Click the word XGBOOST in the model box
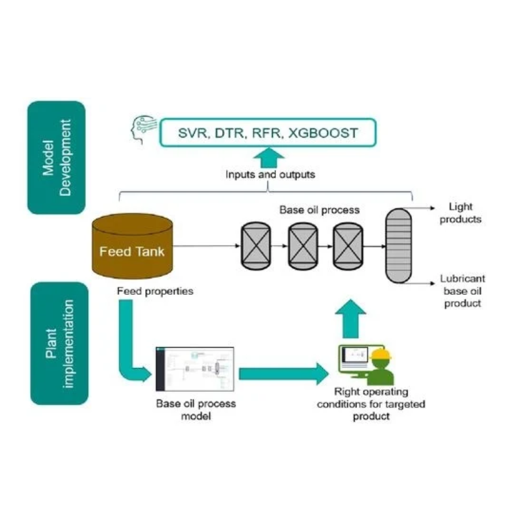[323, 133]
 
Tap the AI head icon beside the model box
[143, 129]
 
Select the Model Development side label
[56, 157]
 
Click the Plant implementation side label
[60, 343]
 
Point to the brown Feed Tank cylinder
[132, 246]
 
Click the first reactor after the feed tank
[256, 246]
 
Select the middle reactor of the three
[303, 246]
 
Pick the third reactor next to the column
[348, 246]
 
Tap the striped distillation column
[398, 246]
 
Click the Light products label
[461, 213]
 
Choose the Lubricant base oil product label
[462, 291]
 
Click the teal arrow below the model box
[268, 158]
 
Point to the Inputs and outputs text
[270, 174]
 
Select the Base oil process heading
[320, 210]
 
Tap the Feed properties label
[155, 291]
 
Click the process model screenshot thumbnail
[195, 369]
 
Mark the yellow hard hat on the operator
[381, 354]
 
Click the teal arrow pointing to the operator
[284, 374]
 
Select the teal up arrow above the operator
[351, 319]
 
